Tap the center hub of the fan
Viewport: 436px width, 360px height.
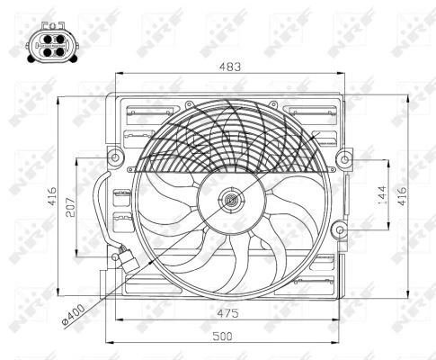click(x=231, y=201)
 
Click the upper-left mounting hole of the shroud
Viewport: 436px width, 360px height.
click(x=115, y=160)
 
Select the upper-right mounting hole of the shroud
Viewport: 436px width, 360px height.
click(x=345, y=160)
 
